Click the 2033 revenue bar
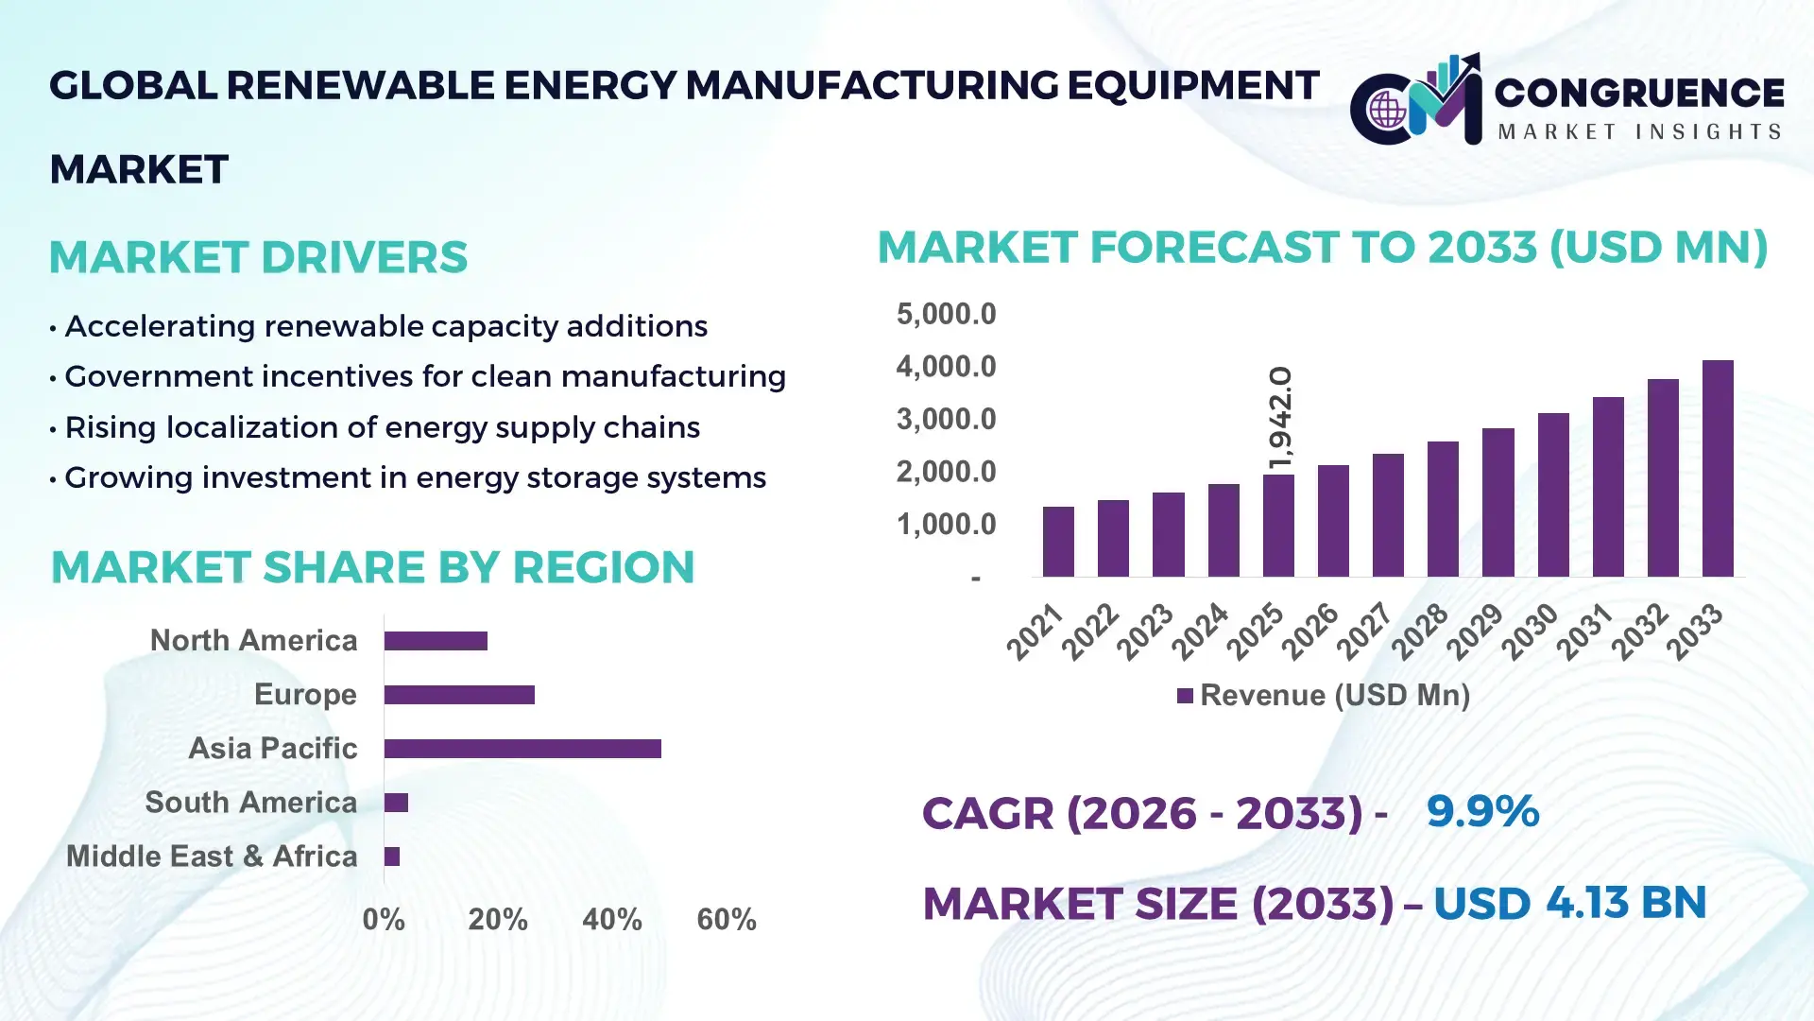click(1717, 469)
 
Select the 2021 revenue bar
click(1058, 542)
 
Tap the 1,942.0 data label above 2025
click(1280, 418)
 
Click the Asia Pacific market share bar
click(522, 749)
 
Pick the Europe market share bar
click(459, 695)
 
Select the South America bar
click(396, 803)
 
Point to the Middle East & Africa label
click(212, 857)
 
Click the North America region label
click(253, 641)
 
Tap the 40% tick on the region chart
click(612, 920)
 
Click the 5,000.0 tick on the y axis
click(946, 314)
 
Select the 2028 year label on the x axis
click(1420, 631)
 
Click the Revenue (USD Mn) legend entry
click(1324, 696)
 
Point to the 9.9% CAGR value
click(1482, 811)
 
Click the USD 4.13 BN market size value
click(1569, 903)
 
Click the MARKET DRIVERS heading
click(258, 257)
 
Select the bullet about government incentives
click(424, 376)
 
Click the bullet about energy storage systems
click(415, 477)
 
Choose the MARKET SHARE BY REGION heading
click(372, 567)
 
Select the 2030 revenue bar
click(1552, 495)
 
